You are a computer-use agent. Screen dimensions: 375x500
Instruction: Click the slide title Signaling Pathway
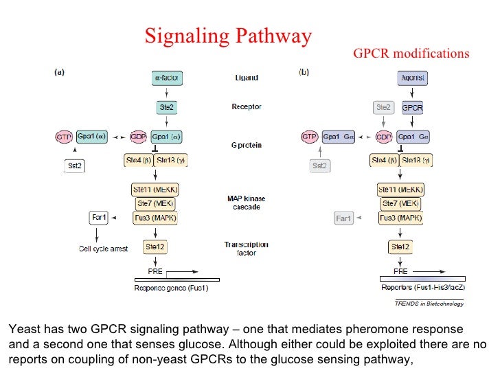[x=228, y=36]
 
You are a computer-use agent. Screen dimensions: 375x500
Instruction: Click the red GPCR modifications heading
[x=411, y=54]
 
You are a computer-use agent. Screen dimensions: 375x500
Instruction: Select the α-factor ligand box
[x=166, y=78]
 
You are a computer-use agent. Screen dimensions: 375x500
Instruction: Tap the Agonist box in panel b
[x=412, y=78]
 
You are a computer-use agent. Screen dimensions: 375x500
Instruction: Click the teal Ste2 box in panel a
[x=166, y=108]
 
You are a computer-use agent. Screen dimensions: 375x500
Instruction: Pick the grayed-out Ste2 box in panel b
[x=383, y=108]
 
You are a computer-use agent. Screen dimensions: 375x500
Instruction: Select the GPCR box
[x=412, y=108]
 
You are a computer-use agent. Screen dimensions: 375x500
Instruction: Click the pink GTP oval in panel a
[x=64, y=137]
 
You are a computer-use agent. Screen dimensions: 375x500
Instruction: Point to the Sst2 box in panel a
[x=75, y=166]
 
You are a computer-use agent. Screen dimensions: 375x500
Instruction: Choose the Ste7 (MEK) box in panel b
[x=401, y=203]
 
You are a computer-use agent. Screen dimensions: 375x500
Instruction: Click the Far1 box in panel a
[x=99, y=218]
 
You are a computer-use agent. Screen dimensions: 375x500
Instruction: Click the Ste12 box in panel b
[x=400, y=247]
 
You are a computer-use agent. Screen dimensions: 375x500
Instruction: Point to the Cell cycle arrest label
[x=103, y=249]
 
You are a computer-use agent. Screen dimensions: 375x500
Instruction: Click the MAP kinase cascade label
[x=247, y=203]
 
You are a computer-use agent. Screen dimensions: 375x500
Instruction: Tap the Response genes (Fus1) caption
[x=177, y=288]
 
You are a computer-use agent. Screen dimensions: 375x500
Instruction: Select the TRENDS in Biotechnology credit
[x=429, y=303]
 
